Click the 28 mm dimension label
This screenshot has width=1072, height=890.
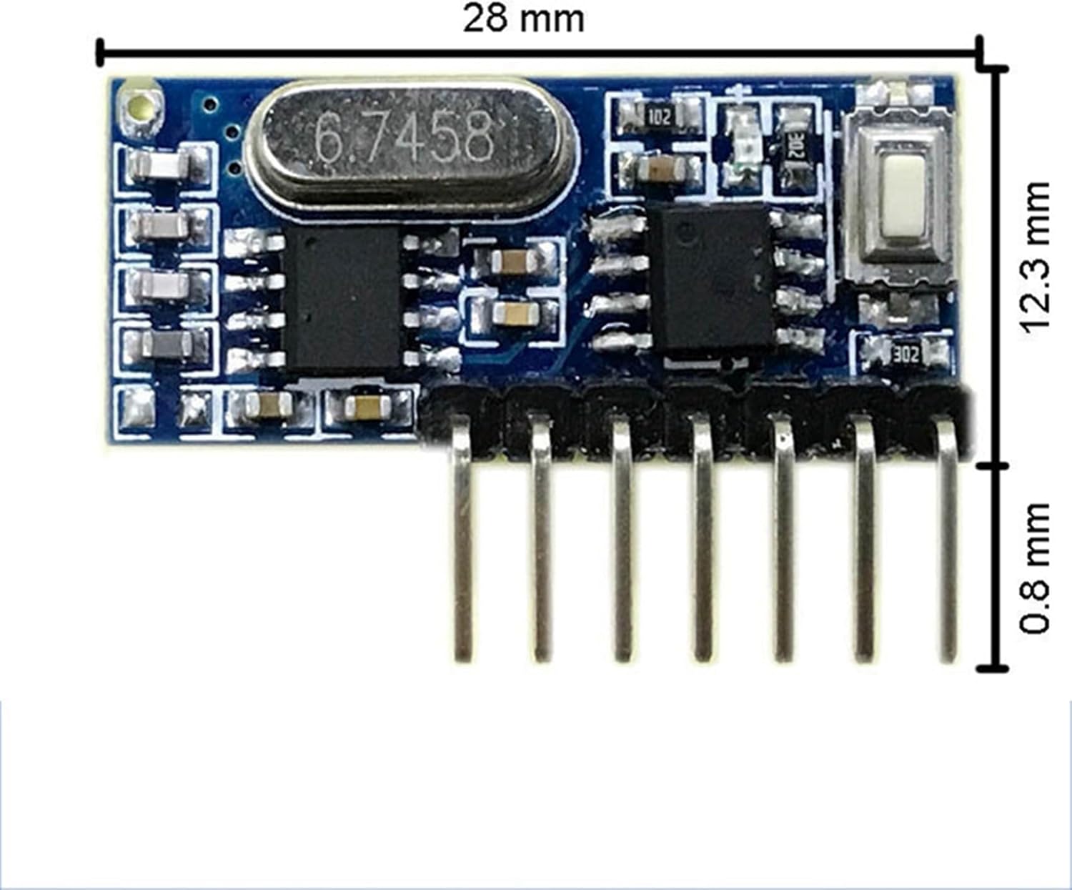(524, 19)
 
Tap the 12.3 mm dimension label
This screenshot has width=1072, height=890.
(1034, 257)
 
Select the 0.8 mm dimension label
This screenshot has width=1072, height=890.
(1034, 568)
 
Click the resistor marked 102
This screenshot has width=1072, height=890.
(659, 118)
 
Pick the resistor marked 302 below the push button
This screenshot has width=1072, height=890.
(906, 355)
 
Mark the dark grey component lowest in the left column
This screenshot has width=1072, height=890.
(167, 343)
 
